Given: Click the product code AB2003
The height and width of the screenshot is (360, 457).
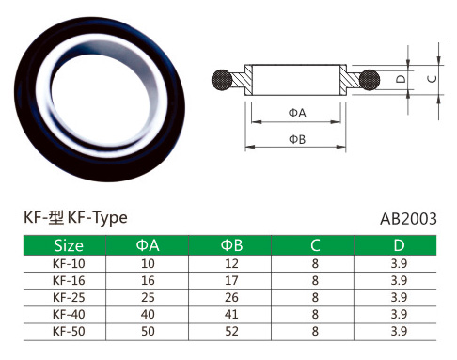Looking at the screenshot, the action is coord(408,219).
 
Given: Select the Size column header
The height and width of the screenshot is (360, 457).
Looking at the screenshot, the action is coord(69,245).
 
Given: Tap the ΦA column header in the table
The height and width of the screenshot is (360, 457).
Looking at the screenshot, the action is coord(148,245).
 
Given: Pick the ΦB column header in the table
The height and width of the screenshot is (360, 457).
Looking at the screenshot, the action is coord(231,245).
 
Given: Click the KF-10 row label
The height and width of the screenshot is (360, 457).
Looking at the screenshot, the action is coord(69,264).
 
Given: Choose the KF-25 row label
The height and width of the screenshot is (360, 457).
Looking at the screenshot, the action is coord(69,297).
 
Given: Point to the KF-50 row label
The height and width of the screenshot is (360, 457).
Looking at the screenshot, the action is coord(69,331).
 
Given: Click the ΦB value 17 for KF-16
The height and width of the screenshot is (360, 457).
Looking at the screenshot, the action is coord(231,280).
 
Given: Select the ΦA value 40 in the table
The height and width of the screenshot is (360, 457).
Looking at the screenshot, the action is coord(148,314).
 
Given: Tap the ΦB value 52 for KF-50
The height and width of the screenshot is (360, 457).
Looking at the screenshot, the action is coord(231,331).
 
